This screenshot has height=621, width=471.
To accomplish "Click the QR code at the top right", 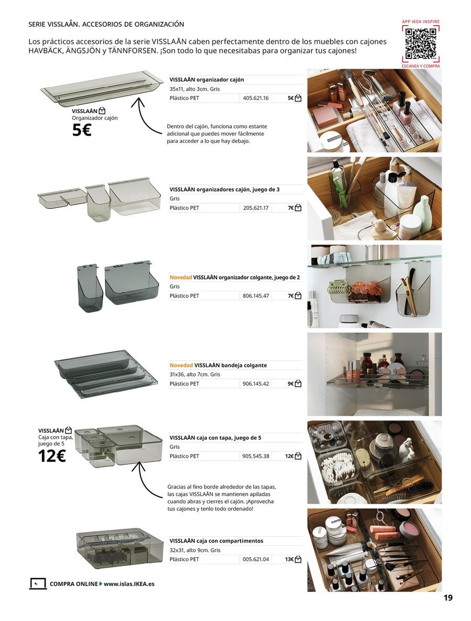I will (421, 43).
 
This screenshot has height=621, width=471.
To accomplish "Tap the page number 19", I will (448, 598).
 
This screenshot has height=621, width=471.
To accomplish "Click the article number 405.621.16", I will (255, 98).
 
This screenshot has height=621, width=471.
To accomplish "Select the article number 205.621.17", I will (255, 208).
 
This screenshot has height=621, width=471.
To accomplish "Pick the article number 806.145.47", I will (255, 296).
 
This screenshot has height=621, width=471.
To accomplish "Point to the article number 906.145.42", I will (255, 384).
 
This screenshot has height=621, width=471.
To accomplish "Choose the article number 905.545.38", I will (255, 456).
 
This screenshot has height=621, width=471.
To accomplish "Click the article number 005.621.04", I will (255, 559).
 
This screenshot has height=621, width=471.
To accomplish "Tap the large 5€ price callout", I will (82, 130).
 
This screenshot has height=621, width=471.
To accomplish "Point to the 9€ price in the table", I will (290, 384).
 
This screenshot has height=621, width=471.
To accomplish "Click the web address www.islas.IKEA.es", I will (129, 584).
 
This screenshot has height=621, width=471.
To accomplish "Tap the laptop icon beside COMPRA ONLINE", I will (38, 584).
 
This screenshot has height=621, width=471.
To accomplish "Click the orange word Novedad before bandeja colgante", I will (181, 365).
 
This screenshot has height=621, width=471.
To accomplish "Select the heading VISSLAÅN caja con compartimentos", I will (216, 541).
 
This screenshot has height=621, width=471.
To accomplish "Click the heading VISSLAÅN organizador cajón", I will (206, 80).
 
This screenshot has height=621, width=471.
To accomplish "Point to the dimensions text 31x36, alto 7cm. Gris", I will (195, 374).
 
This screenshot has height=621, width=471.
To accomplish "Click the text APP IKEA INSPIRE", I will (421, 21).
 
